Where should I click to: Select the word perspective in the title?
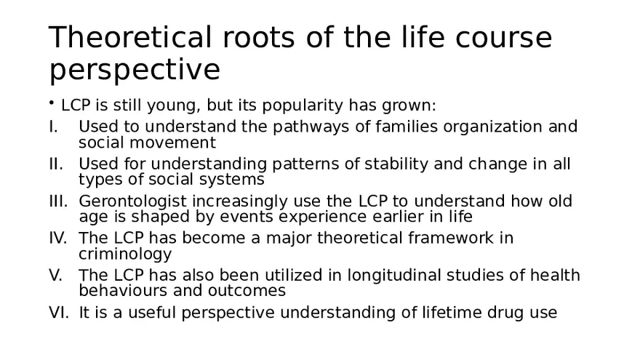[x=135, y=71]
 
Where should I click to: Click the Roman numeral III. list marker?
[x=58, y=201]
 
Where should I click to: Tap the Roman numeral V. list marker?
[x=56, y=275]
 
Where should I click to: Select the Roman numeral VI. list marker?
[x=58, y=313]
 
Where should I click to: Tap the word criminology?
[x=125, y=254]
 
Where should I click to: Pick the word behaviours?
[x=123, y=290]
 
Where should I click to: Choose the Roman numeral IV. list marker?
[x=58, y=238]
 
